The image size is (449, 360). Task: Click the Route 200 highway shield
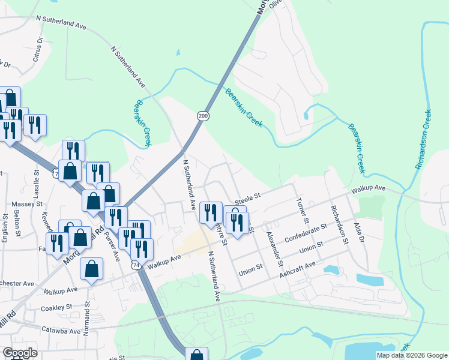point(203,115)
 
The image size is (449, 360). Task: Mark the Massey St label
point(25,205)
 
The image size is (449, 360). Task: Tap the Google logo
point(20,353)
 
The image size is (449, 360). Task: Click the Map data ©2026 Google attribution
point(412,355)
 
